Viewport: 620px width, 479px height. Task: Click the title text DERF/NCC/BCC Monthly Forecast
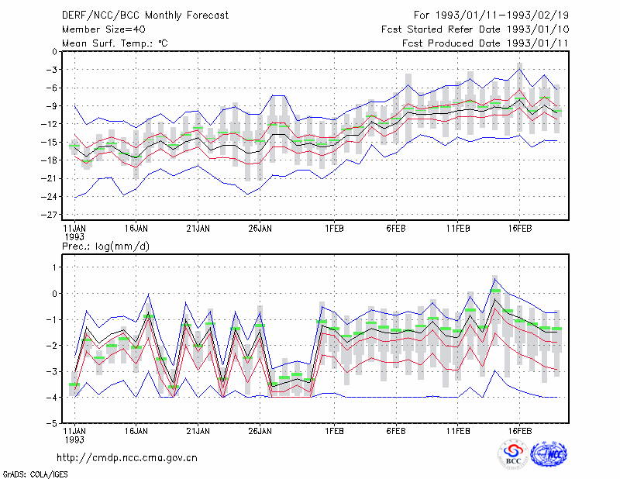click(x=145, y=16)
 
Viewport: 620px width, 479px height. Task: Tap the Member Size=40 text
click(x=104, y=29)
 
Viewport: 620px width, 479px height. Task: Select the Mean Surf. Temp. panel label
click(x=115, y=43)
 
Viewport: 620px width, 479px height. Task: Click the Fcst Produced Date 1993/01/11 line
click(x=485, y=43)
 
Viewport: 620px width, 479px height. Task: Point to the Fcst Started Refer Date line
click(x=475, y=29)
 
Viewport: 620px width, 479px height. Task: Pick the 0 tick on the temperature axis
click(x=54, y=51)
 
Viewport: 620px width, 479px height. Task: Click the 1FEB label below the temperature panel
click(x=335, y=229)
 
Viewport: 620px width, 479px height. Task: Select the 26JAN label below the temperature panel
click(x=260, y=229)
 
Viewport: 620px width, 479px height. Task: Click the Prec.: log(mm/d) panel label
click(x=105, y=246)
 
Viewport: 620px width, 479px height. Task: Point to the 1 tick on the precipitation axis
click(x=54, y=267)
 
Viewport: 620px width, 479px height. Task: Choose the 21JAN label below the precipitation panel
click(x=198, y=431)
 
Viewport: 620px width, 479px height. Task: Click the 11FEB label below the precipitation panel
click(x=458, y=431)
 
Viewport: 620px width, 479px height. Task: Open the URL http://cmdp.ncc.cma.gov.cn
click(x=127, y=458)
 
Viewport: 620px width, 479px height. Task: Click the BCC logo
click(x=513, y=454)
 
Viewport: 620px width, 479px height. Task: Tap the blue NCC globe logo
click(x=549, y=454)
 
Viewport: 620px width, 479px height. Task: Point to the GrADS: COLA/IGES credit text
click(x=35, y=474)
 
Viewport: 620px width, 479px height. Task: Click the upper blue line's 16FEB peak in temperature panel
click(x=519, y=69)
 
